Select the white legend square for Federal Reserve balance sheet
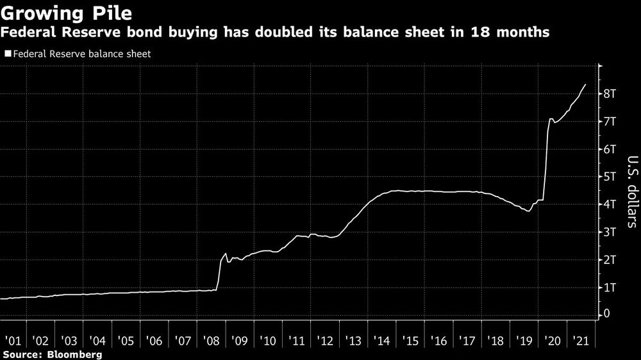(8, 54)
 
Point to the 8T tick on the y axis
(610, 94)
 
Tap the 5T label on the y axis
(610, 177)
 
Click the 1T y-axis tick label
(610, 287)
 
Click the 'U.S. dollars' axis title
(631, 192)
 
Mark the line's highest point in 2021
(585, 85)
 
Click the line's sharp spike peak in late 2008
(225, 254)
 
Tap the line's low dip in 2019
(529, 211)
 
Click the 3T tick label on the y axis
(610, 232)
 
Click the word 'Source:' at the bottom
(24, 354)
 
